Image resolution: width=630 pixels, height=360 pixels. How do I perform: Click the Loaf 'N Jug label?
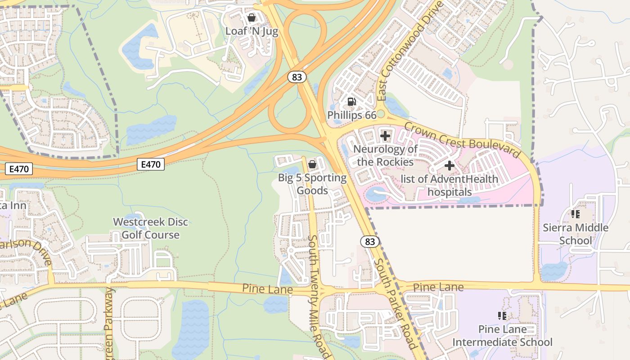pyautogui.click(x=252, y=31)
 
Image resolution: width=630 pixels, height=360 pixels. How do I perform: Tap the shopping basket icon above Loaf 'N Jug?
pyautogui.click(x=252, y=18)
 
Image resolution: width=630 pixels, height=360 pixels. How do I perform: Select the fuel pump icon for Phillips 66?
pyautogui.click(x=352, y=102)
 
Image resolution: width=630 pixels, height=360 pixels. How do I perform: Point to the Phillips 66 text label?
pyautogui.click(x=351, y=115)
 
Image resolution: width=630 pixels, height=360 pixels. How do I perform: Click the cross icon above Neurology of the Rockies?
pyautogui.click(x=385, y=135)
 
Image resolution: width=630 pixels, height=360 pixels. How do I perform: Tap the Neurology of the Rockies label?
pyautogui.click(x=385, y=155)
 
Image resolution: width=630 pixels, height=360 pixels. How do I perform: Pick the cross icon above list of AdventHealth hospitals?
pyautogui.click(x=449, y=166)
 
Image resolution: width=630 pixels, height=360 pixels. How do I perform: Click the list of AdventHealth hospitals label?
pyautogui.click(x=449, y=185)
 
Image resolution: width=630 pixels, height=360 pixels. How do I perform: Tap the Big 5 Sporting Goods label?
pyautogui.click(x=312, y=184)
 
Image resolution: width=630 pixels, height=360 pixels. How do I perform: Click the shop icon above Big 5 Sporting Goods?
pyautogui.click(x=312, y=165)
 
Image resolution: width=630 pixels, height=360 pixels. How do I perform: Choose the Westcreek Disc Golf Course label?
pyautogui.click(x=150, y=228)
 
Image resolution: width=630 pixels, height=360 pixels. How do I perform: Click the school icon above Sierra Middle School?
pyautogui.click(x=575, y=214)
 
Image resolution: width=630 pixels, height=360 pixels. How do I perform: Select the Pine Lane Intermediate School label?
pyautogui.click(x=502, y=336)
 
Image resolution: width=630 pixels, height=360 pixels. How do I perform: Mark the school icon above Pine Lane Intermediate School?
pyautogui.click(x=502, y=316)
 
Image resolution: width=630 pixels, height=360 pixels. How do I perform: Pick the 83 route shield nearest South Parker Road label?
pyautogui.click(x=369, y=242)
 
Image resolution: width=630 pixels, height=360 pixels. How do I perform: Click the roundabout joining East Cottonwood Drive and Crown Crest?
pyautogui.click(x=381, y=114)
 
